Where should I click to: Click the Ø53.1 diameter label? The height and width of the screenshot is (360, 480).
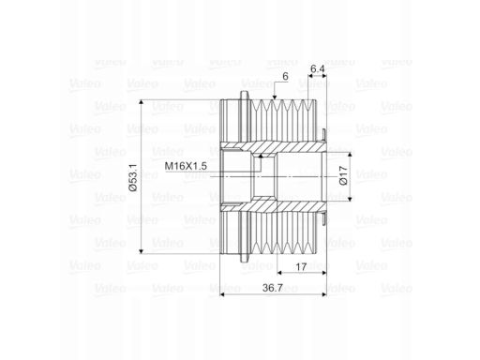(133, 176)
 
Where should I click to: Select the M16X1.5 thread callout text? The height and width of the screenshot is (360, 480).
(186, 166)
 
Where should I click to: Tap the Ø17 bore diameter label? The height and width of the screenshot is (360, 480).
(343, 175)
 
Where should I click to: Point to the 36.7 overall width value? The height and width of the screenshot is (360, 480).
(273, 288)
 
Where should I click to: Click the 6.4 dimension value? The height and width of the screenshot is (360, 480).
(318, 68)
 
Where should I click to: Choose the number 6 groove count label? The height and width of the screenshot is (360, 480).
(285, 76)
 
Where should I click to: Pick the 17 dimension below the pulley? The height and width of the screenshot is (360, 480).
(301, 267)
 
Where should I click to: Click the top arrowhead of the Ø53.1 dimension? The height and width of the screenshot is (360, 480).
(142, 103)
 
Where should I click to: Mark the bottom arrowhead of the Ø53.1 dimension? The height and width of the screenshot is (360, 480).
(142, 251)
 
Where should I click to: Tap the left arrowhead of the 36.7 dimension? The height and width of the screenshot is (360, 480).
(223, 294)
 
